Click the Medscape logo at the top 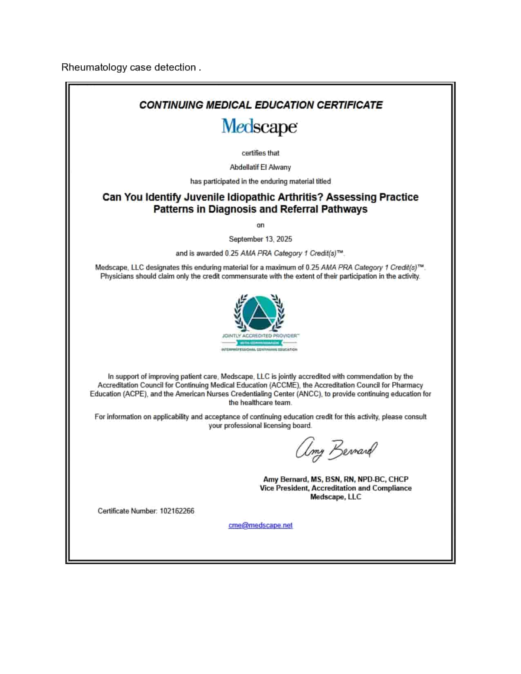259,127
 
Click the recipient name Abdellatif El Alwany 260,167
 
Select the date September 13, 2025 260,239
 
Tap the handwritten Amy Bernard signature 336,450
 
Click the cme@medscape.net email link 260,525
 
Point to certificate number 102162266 177,511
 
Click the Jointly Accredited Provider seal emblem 259,313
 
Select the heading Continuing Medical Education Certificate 261,105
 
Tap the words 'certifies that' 260,153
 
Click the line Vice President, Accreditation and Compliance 335,488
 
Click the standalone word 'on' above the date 260,225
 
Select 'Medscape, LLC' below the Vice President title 335,497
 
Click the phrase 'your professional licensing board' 260,426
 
